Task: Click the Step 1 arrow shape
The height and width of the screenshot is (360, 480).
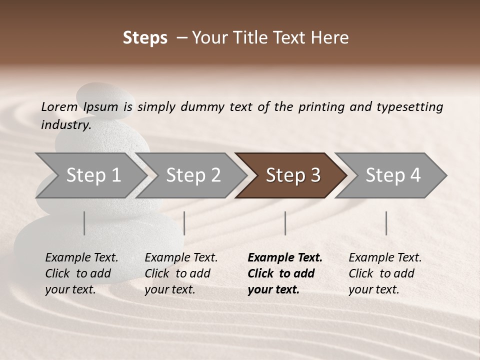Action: (90, 175)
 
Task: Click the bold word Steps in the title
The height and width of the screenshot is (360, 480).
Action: (145, 37)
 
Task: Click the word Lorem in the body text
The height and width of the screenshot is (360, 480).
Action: (59, 106)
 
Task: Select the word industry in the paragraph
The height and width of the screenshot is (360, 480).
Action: (66, 124)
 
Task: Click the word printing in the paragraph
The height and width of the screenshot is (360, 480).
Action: (320, 106)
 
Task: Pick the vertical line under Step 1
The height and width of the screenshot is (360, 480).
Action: (84, 223)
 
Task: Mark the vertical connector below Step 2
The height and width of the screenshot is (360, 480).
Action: (184, 223)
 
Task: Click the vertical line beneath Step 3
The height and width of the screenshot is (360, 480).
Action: (285, 223)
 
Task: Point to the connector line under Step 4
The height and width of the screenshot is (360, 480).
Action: (386, 223)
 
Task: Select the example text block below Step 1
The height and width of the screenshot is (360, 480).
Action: (81, 273)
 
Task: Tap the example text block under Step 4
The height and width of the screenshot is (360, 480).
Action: (385, 273)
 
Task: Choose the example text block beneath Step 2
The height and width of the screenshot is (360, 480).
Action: (181, 273)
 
